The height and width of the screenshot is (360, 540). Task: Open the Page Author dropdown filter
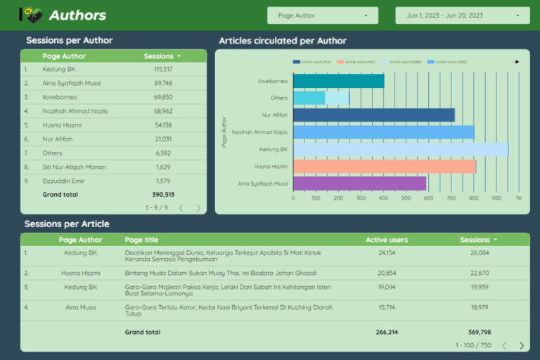(x=322, y=15)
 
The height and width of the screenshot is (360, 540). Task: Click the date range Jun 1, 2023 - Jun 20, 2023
(x=462, y=15)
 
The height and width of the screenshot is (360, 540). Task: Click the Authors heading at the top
(x=77, y=15)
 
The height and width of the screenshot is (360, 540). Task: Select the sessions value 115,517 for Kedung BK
(x=162, y=70)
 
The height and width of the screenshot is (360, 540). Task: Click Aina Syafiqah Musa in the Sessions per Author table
(x=71, y=83)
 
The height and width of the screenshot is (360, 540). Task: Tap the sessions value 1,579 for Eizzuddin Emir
(x=162, y=181)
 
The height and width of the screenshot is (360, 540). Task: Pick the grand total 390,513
(x=163, y=195)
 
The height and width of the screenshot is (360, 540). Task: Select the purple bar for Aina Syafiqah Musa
(x=359, y=184)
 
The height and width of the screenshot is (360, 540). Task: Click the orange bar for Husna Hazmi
(x=384, y=167)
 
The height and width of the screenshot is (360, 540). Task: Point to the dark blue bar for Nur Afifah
(x=373, y=115)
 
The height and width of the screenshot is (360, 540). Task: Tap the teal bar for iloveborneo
(x=338, y=81)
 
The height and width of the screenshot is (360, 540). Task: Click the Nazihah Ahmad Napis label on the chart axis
(x=259, y=132)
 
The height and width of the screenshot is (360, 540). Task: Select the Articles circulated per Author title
(x=283, y=41)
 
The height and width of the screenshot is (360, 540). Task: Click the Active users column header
(x=386, y=240)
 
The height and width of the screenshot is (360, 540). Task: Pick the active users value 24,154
(x=387, y=252)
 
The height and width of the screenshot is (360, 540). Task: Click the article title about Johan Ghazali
(x=221, y=273)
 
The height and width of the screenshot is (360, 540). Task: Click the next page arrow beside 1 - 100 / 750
(x=522, y=345)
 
